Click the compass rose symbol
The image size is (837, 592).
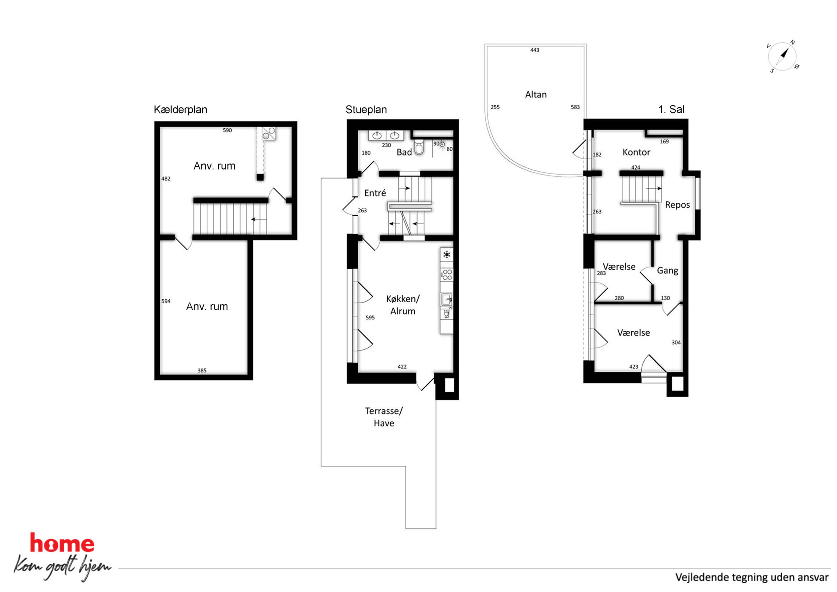pyautogui.click(x=783, y=56)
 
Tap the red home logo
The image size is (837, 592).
pyautogui.click(x=62, y=543)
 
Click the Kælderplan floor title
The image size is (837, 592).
pyautogui.click(x=180, y=110)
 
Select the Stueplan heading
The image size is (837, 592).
pyautogui.click(x=366, y=110)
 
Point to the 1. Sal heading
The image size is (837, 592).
pyautogui.click(x=671, y=109)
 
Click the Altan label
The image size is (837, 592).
pyautogui.click(x=536, y=95)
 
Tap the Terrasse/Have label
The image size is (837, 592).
pyautogui.click(x=383, y=417)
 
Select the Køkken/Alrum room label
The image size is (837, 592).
pyautogui.click(x=403, y=305)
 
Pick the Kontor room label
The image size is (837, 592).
pyautogui.click(x=636, y=152)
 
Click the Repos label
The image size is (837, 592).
pyautogui.click(x=677, y=205)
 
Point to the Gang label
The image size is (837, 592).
pyautogui.click(x=667, y=270)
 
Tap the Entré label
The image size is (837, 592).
pyautogui.click(x=375, y=193)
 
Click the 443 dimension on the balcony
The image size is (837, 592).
pyautogui.click(x=535, y=50)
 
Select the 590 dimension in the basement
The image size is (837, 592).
pyautogui.click(x=227, y=130)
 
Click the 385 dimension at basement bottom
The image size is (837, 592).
pyautogui.click(x=202, y=370)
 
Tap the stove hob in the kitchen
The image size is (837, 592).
pyautogui.click(x=447, y=275)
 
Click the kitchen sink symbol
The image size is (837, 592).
pyautogui.click(x=447, y=300)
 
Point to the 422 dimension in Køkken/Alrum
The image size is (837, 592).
pyautogui.click(x=402, y=367)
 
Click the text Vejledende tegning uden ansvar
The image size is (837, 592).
pyautogui.click(x=752, y=577)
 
